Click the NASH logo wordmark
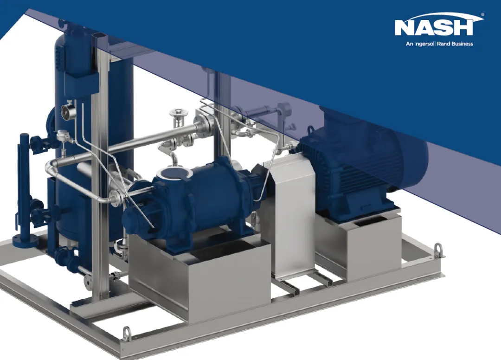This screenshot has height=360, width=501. pos(434,28)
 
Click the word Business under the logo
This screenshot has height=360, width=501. pos(461,44)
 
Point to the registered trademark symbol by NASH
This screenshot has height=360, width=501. pos(482,15)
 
